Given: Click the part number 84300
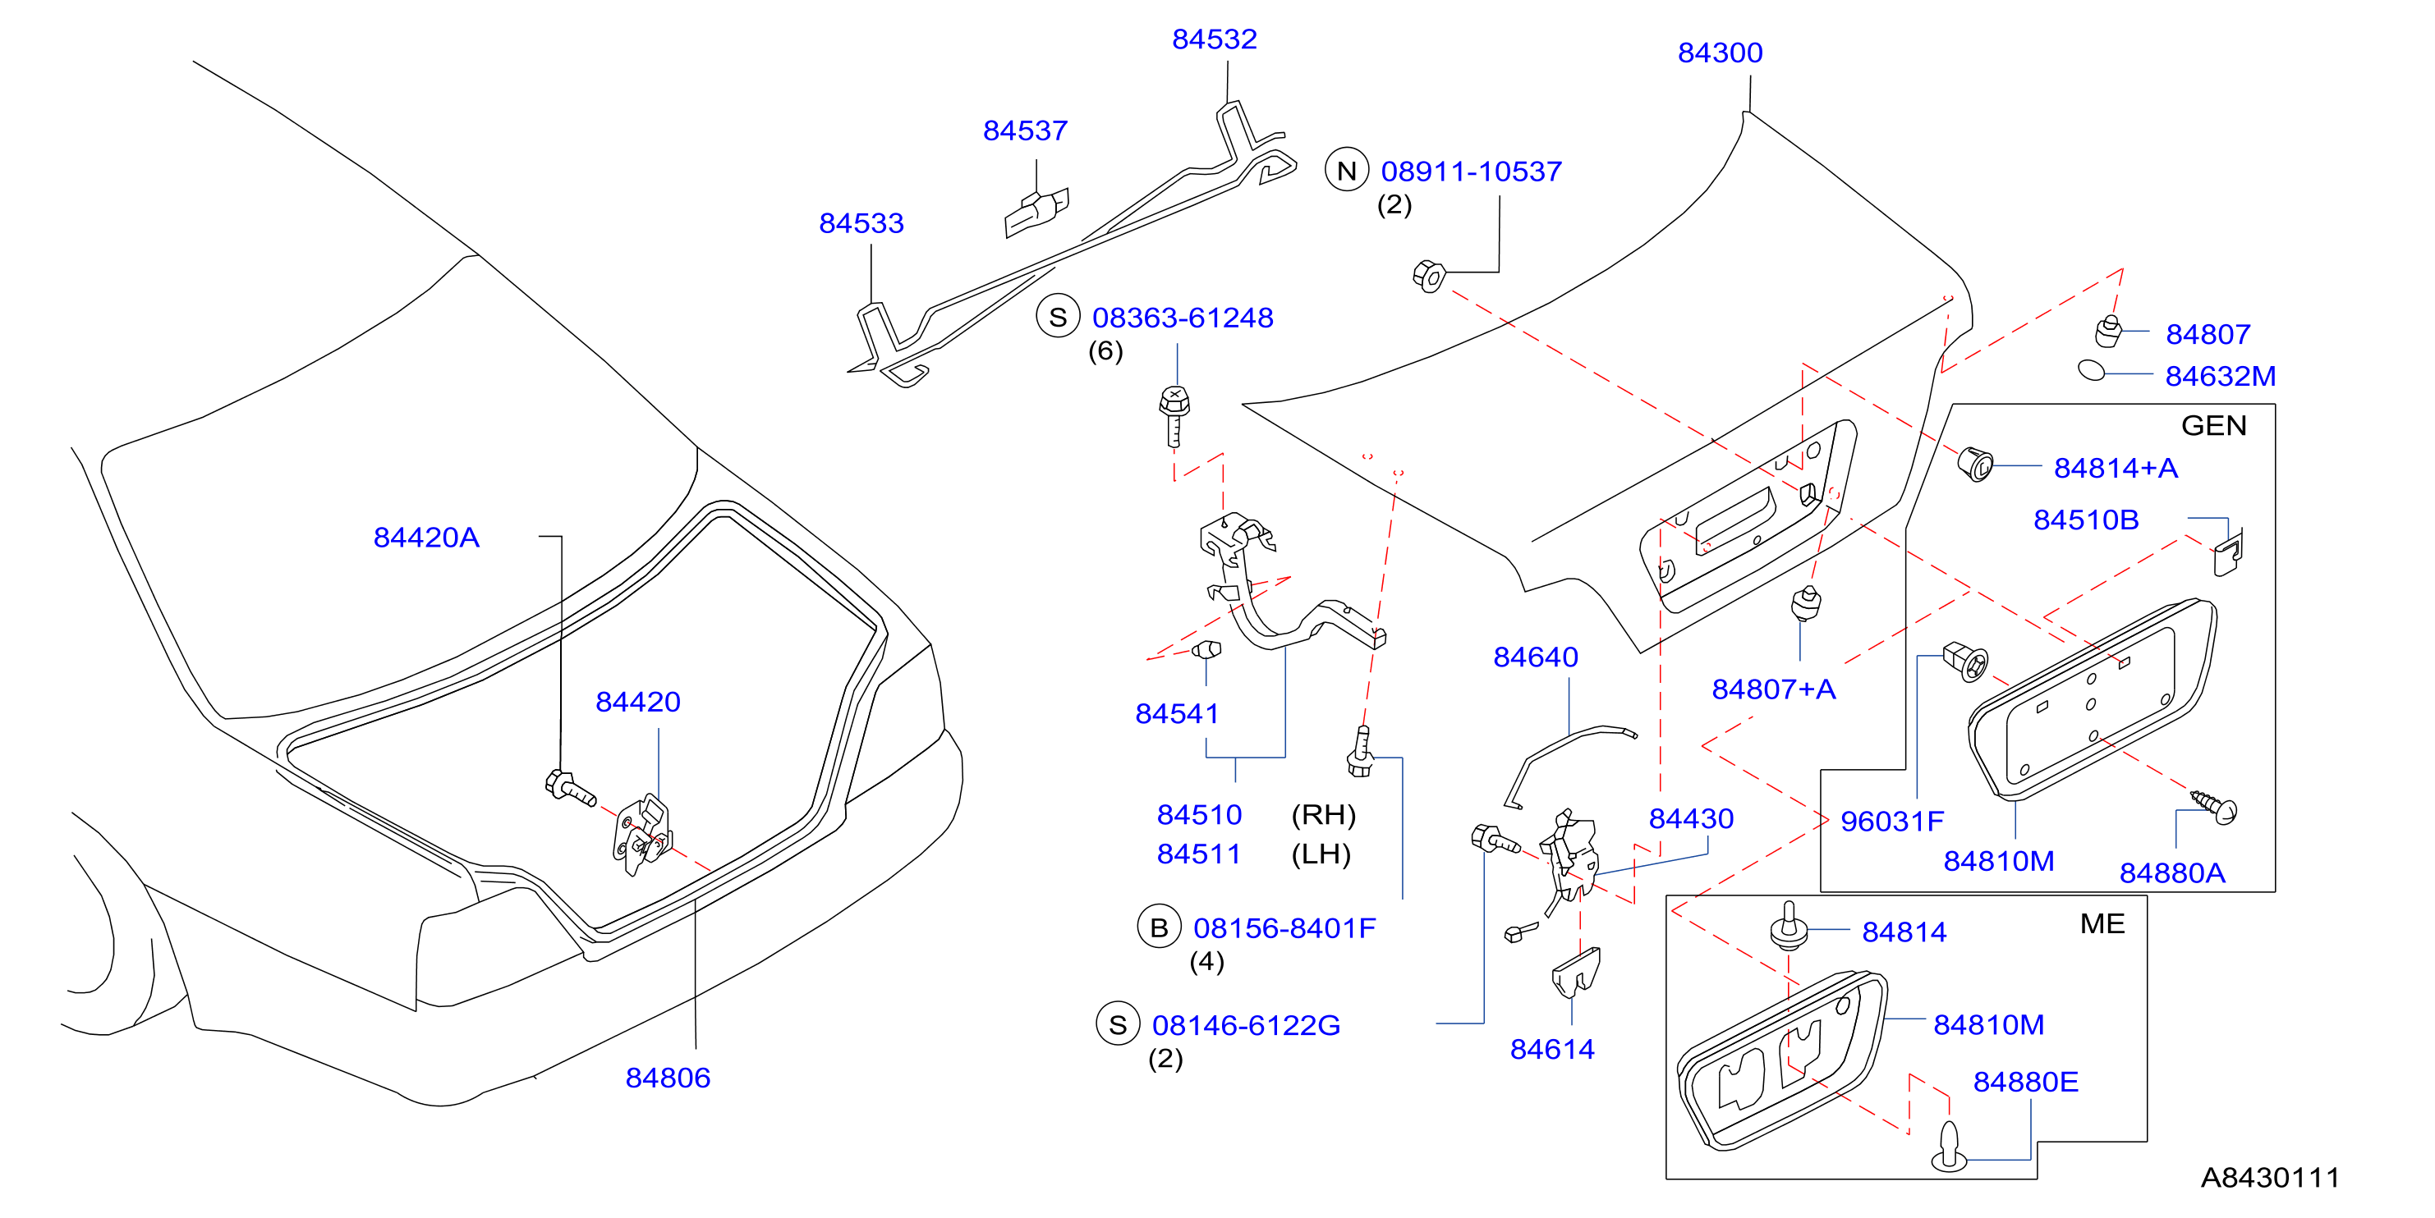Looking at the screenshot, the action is click(x=1720, y=53).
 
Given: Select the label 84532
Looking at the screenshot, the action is click(x=1214, y=39).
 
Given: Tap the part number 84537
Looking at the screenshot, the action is click(x=1025, y=130).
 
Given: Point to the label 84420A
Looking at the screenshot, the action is click(x=426, y=538).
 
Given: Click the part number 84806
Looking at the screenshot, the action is click(x=668, y=1078).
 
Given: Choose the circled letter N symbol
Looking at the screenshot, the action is click(x=1346, y=170).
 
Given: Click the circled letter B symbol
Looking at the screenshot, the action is click(x=1159, y=928).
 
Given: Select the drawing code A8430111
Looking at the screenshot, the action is click(x=2270, y=1177).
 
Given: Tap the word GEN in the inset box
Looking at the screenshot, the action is click(x=2214, y=425).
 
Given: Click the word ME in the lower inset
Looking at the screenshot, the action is click(x=2102, y=923).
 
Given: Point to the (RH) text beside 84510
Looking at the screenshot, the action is click(x=1323, y=814).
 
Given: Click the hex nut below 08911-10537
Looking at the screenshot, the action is click(x=1428, y=276).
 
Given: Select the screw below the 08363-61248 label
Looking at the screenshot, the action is click(x=1174, y=416).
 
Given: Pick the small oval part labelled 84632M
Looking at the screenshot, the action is click(x=2092, y=369).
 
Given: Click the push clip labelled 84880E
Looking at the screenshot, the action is click(x=1949, y=1147).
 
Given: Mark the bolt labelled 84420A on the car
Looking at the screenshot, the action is click(x=571, y=788).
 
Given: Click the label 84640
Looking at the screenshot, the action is click(x=1535, y=657).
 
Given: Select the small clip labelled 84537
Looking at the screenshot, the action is click(x=1036, y=213).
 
